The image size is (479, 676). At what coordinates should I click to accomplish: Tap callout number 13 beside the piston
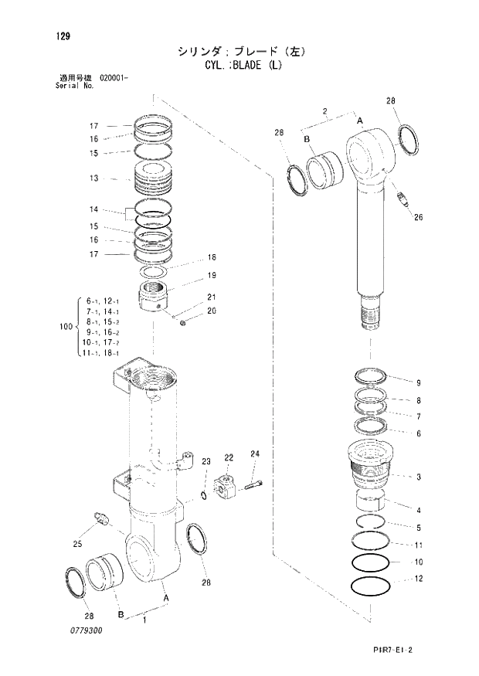pos(93,179)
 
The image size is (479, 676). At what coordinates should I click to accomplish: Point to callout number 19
pos(211,276)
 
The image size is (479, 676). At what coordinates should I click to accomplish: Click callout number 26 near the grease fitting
pos(419,217)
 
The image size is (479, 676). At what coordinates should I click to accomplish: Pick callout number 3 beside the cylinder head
pos(418,477)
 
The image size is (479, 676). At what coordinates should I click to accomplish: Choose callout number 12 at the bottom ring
pos(418,579)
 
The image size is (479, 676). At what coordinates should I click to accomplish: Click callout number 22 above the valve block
pos(229,458)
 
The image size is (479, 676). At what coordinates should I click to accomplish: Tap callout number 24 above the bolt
pos(255,453)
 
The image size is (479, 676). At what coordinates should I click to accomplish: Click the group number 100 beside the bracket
pos(66,327)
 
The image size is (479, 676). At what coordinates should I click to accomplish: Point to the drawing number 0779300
pos(83,631)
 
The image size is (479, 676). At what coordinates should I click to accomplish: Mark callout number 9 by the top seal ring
pos(418,383)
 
